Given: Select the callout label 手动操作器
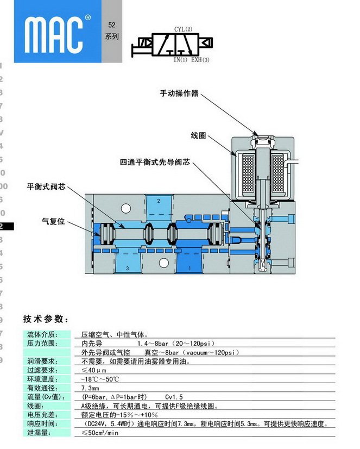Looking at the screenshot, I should click(x=179, y=93).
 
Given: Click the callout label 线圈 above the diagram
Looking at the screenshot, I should click(x=199, y=135).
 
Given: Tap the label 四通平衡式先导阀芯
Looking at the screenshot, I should click(x=155, y=162).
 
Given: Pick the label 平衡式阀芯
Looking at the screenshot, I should click(x=46, y=186).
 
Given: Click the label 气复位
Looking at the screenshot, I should click(x=54, y=221).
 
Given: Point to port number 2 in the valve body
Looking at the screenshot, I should click(x=159, y=201).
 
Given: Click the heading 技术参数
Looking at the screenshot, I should click(x=46, y=319).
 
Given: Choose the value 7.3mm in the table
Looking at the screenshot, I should click(x=90, y=388).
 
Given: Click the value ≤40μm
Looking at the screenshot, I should click(x=93, y=370).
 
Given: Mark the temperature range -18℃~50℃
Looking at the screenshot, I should click(x=100, y=379).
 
